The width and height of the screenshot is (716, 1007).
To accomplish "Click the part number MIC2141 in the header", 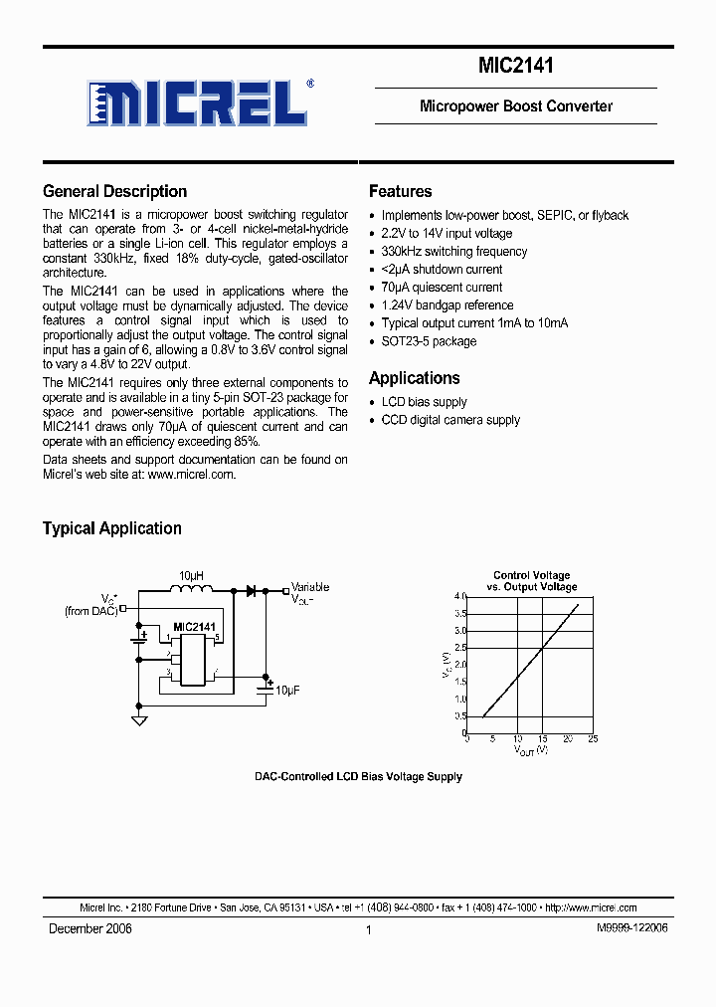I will coord(515,67).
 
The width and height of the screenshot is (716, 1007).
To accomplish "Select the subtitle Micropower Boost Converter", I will coord(515,106).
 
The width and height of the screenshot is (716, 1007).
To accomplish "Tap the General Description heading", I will coord(114,192).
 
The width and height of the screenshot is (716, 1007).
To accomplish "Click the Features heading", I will coord(400,192).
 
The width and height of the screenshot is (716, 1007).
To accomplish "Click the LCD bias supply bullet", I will coord(424,402).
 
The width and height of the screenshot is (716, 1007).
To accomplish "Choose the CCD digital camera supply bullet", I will coord(450,420).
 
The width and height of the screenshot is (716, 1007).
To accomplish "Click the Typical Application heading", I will coord(111,528).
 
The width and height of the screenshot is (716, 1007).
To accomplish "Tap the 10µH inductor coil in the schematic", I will coord(192,590).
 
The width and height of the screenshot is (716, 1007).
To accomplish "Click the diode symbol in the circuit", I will coord(251,591).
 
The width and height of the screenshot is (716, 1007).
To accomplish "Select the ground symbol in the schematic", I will coord(139,719).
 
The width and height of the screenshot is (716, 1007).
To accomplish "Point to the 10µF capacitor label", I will coord(287,690).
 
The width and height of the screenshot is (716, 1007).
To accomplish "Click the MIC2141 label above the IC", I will coord(194,627).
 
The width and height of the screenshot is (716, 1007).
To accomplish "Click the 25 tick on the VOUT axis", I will coord(593,739).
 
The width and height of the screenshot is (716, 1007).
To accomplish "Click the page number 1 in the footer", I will coord(368,929).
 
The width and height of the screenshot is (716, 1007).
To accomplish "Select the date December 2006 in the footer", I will coord(90,928).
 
